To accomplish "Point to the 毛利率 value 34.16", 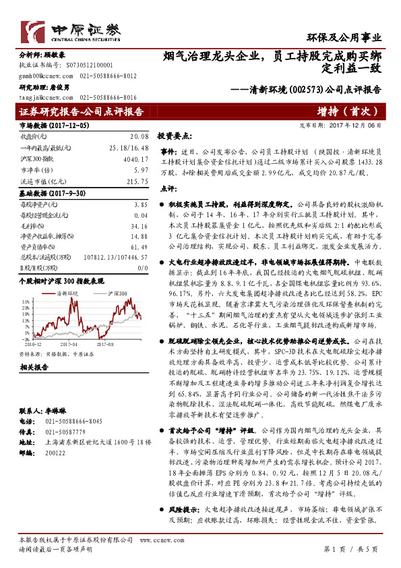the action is (137, 227).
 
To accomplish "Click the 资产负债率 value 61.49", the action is (137, 248).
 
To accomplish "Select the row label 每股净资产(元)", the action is (36, 204).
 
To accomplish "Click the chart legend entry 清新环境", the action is (68, 294).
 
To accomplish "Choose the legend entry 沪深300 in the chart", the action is (117, 294).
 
